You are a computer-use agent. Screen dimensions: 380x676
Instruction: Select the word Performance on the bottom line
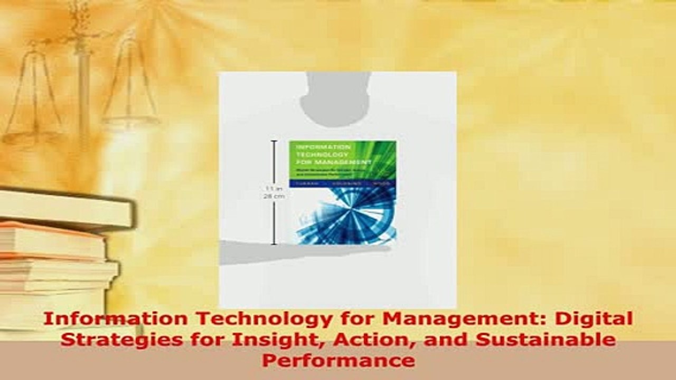pyautogui.click(x=338, y=360)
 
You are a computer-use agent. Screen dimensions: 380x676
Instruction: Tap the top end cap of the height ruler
pyautogui.click(x=274, y=141)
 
